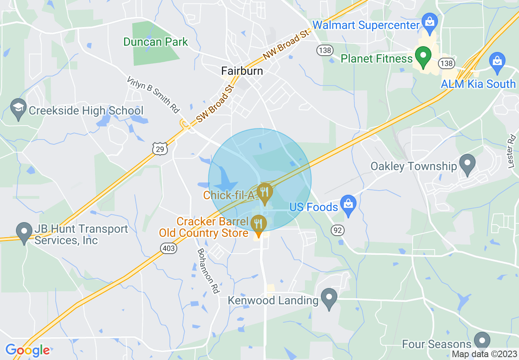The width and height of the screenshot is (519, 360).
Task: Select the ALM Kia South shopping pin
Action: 497,63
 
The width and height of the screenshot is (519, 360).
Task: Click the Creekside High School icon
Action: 18,109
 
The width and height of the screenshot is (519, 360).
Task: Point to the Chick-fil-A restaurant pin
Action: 265,193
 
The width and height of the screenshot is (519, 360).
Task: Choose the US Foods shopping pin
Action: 348,205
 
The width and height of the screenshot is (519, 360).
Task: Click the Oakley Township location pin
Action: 467,164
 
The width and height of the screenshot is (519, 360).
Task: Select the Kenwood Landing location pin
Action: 329,299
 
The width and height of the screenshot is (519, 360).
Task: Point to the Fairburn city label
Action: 242,71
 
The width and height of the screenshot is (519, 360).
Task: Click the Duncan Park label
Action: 156,42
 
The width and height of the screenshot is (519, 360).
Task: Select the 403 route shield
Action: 169,248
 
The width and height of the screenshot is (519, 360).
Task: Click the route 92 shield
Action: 338,230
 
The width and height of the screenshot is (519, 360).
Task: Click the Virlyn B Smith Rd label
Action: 153,94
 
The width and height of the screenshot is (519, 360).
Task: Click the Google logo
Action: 27,350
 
